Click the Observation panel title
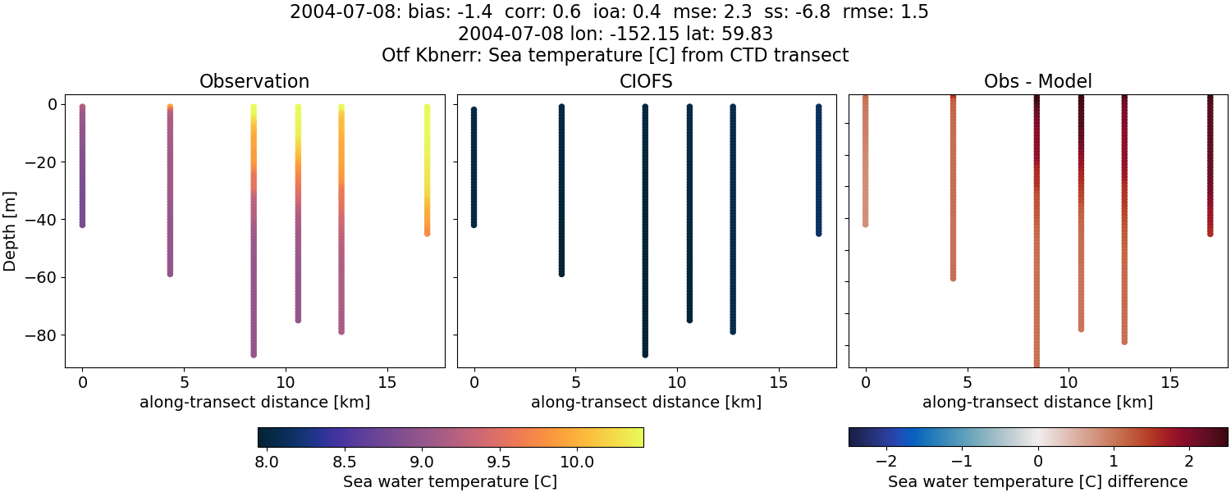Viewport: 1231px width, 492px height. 254,82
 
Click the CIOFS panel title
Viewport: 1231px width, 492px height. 646,82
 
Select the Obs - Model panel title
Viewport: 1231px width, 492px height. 1037,82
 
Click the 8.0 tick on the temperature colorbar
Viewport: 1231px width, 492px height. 266,462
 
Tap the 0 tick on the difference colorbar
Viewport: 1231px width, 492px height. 1038,462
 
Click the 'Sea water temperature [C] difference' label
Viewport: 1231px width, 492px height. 1037,481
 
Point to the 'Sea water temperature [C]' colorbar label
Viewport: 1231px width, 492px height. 450,481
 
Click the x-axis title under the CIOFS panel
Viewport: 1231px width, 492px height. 646,403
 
